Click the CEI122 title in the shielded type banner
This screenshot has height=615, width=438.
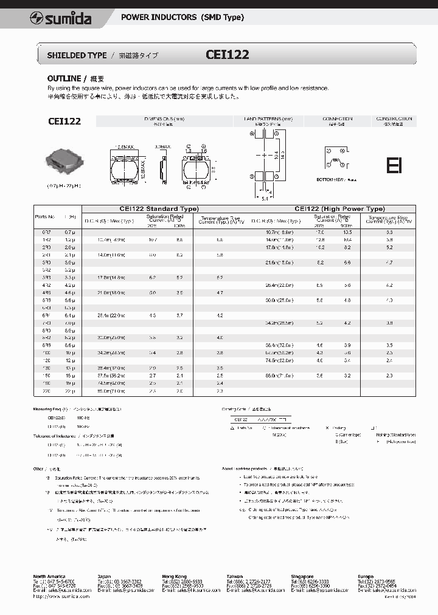pos(228,55)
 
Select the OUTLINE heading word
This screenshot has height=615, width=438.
pos(64,78)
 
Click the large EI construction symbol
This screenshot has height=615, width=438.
pos(394,165)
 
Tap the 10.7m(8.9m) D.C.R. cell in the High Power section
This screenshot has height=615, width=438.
pos(279,232)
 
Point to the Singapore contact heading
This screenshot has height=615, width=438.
pos(302,576)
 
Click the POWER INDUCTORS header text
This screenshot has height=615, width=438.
pos(182,17)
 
